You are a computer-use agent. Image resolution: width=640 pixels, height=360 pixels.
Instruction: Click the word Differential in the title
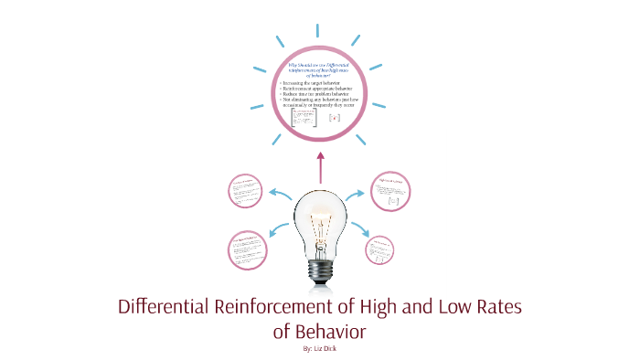[x=168, y=307]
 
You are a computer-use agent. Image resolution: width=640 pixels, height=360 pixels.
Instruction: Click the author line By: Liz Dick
[x=320, y=348]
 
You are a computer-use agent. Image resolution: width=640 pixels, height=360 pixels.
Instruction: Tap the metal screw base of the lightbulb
[x=320, y=270]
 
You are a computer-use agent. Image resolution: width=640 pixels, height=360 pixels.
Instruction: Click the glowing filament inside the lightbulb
[x=320, y=225]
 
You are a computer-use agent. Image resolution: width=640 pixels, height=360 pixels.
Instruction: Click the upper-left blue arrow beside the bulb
[x=280, y=194]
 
